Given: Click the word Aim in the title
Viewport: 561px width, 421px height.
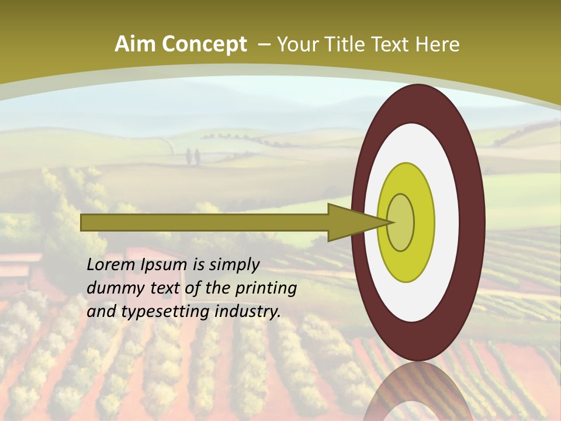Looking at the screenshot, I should click(137, 44).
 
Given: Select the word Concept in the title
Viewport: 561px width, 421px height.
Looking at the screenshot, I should click(205, 45).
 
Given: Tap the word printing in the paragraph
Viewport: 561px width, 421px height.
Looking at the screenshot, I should click(265, 289).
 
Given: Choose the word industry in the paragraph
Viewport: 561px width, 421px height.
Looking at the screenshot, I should click(248, 312).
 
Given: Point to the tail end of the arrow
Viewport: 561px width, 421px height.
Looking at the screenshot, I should click(82, 222).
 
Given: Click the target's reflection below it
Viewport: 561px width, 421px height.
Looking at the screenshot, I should click(418, 392).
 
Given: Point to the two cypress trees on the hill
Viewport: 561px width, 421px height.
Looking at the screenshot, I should click(193, 157).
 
